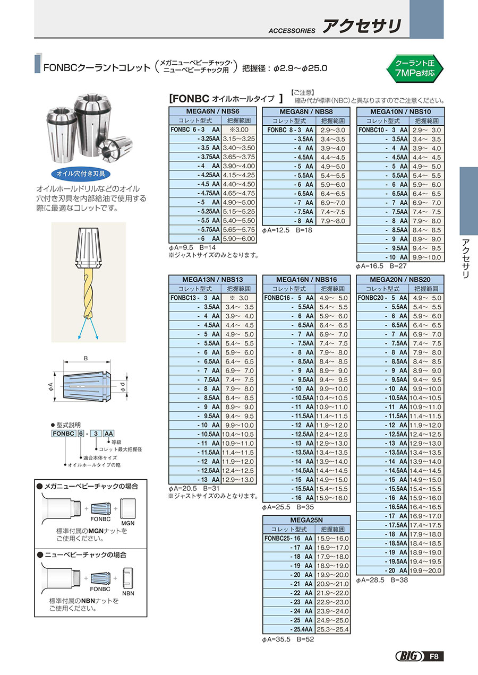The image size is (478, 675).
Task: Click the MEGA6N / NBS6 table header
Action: (212, 111)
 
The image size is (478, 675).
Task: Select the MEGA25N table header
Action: (306, 520)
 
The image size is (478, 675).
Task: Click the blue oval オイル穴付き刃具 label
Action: (81, 174)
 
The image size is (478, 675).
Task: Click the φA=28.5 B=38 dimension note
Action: (381, 580)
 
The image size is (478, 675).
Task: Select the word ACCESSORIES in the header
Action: (292, 31)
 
